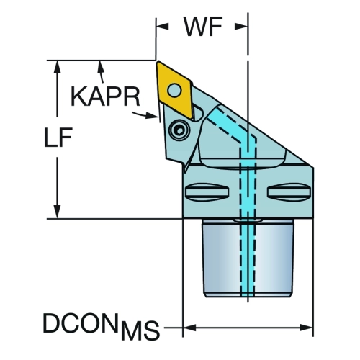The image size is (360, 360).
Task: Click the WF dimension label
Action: point(203,27)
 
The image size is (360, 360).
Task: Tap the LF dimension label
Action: point(58,138)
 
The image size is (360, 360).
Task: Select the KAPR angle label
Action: point(105,96)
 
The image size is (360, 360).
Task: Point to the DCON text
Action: point(81,323)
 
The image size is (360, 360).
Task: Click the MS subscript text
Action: point(140,330)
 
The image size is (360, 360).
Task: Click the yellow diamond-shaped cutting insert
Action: point(174,90)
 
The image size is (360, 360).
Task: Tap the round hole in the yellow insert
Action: point(174,90)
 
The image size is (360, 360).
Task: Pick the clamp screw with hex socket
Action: point(179,130)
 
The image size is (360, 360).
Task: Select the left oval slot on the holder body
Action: point(207,192)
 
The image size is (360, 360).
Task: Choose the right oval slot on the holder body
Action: point(289,192)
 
